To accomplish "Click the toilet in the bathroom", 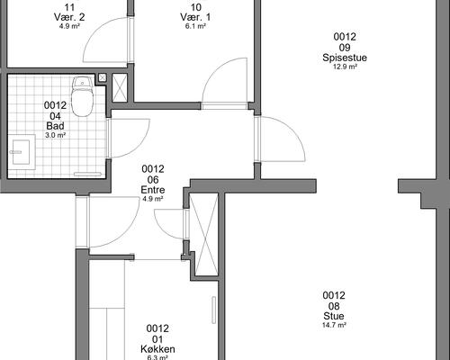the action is coord(83,96).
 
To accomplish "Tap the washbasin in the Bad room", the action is coord(21,152).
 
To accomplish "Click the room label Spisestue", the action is coord(345,58).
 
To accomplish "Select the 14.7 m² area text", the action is coord(334,325).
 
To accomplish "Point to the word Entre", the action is coord(153,190).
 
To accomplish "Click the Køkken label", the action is coord(157,349).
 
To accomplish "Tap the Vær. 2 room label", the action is coord(69,17).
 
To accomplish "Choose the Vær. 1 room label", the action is coord(195,17).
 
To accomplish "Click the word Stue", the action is coord(334,316).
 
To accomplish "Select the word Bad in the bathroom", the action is coord(56,126).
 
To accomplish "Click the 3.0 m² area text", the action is coord(56,135).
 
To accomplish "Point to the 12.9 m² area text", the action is coord(345,67).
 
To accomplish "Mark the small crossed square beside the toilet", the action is coord(103,78).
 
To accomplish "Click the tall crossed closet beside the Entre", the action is coord(204,234).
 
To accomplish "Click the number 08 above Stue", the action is coord(334,306).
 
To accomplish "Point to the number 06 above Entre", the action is coord(153,180).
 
